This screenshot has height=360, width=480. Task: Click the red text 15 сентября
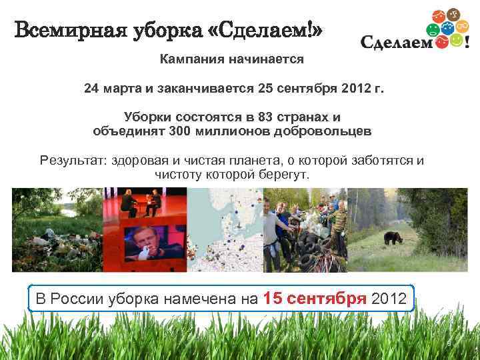[315, 298]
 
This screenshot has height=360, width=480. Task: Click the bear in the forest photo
[389, 236]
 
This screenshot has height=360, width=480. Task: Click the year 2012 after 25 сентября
[355, 88]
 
